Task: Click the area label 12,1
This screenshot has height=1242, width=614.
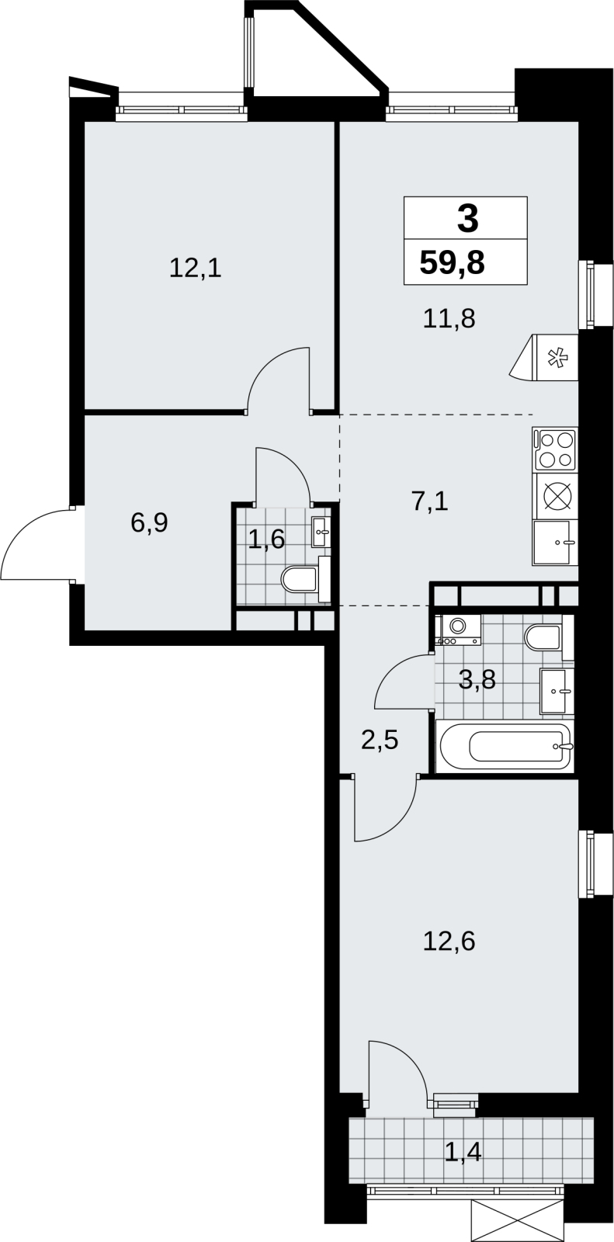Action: click(196, 269)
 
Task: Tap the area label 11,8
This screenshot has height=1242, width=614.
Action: click(449, 319)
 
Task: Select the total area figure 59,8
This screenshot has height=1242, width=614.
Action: click(452, 262)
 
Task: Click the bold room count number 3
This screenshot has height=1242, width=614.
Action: click(467, 218)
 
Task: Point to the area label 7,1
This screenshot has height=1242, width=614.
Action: click(430, 501)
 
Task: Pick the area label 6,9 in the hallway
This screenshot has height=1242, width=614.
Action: click(149, 522)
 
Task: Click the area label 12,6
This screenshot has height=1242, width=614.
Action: click(449, 942)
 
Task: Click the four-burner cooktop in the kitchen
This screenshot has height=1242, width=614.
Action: click(555, 449)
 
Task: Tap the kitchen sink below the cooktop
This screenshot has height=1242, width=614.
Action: click(555, 543)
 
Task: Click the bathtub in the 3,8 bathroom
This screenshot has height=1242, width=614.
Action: click(505, 746)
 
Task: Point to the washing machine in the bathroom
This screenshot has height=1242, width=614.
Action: click(459, 630)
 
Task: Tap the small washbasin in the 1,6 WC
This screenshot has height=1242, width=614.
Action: click(321, 531)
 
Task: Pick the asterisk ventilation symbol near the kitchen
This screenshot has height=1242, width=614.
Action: click(554, 358)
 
